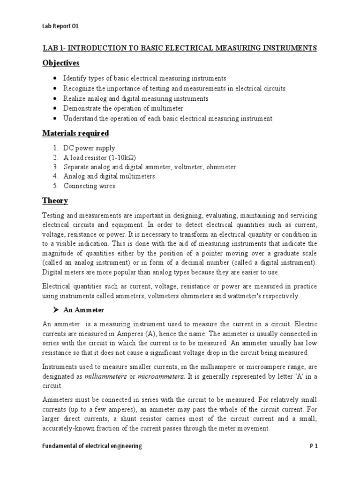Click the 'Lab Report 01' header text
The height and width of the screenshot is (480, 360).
click(60, 27)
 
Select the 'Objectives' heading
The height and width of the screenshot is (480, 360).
click(60, 63)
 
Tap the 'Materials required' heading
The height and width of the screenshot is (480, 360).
click(76, 134)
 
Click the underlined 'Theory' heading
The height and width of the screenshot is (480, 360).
click(55, 201)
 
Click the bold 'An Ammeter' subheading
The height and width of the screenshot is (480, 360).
click(87, 310)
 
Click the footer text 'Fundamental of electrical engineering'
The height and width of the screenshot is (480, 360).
click(92, 447)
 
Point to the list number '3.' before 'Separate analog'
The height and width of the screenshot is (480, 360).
click(56, 167)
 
